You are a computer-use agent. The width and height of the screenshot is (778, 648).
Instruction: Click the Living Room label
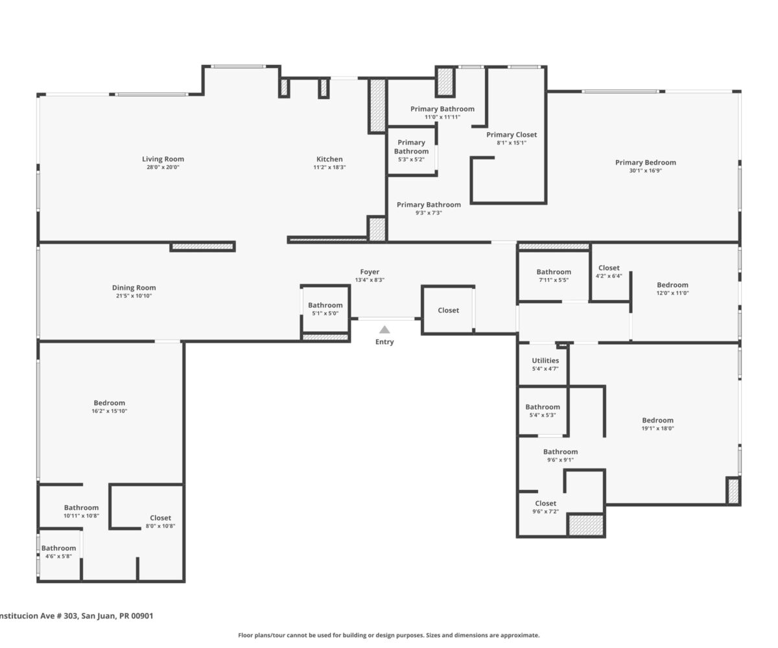coord(163,159)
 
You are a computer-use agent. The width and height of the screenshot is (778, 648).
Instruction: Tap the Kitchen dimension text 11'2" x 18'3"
coord(329,167)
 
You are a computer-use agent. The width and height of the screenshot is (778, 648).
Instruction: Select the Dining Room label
coord(134,288)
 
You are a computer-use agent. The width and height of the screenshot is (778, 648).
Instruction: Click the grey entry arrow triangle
coord(384,330)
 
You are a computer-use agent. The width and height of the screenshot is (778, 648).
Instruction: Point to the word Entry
coord(384,342)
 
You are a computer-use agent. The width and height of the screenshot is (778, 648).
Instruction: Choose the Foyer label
coord(370,272)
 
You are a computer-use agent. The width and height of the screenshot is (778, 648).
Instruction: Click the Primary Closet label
coord(512,134)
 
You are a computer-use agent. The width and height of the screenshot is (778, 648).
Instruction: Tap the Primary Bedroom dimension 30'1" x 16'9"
coord(645,170)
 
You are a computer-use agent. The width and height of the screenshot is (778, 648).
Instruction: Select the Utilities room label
coord(545,360)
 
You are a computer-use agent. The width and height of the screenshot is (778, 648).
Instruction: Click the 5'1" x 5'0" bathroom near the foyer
coord(325,308)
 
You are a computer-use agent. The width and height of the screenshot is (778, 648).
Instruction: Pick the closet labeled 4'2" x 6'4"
coord(609,272)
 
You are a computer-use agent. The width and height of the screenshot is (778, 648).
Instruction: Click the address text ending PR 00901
coord(77,616)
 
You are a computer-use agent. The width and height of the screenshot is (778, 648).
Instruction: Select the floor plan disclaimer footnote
coord(388,635)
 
